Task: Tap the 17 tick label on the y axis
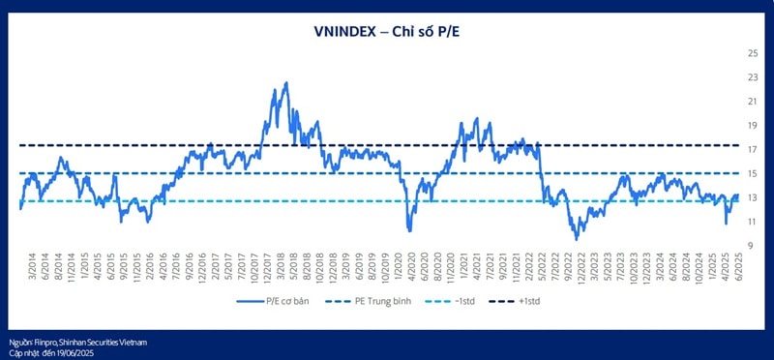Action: click(751, 149)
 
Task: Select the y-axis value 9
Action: click(751, 246)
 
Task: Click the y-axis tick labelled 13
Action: click(751, 197)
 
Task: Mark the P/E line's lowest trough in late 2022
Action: click(578, 238)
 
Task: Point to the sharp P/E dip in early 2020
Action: click(410, 230)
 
